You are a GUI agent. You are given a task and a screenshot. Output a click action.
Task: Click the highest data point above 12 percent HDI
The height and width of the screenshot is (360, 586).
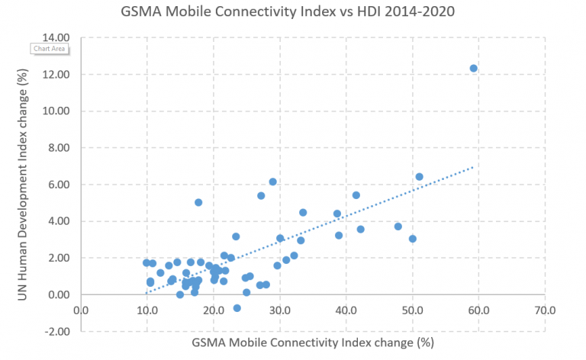pyautogui.click(x=473, y=69)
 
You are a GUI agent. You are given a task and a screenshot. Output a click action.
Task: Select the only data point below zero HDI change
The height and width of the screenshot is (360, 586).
pyautogui.click(x=237, y=308)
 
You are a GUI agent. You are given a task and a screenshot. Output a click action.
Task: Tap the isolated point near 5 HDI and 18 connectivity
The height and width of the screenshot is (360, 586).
pyautogui.click(x=198, y=202)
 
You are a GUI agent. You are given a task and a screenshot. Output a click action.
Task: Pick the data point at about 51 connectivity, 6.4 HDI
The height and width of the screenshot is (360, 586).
pyautogui.click(x=419, y=177)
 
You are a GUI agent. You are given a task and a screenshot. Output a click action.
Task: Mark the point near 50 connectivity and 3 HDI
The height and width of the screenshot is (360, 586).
pyautogui.click(x=413, y=239)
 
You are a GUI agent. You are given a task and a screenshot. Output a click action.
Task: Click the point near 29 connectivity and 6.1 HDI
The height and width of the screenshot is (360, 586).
pyautogui.click(x=273, y=182)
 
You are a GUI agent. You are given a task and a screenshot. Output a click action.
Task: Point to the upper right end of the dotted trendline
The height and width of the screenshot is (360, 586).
pyautogui.click(x=474, y=166)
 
